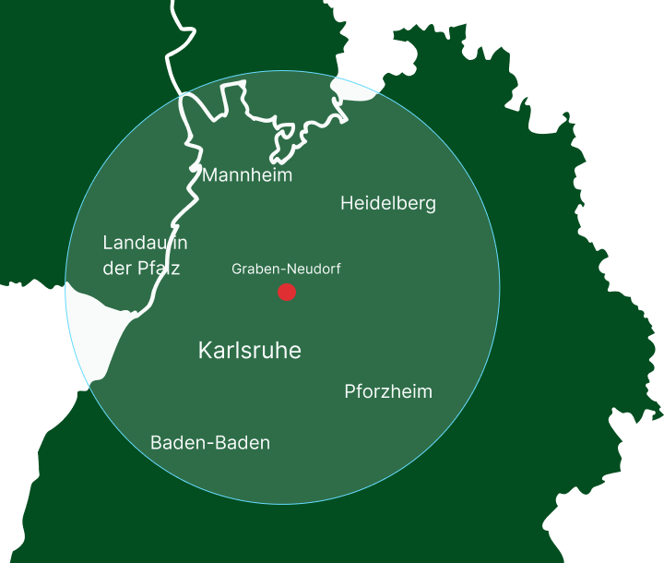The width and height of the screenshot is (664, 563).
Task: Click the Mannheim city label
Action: tap(247, 174)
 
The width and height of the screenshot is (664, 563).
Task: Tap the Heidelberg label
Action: tap(387, 203)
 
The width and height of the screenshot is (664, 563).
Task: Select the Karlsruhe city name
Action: tap(249, 352)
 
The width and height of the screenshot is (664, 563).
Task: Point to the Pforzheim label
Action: tap(387, 391)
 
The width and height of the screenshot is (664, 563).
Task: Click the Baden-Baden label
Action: tap(210, 443)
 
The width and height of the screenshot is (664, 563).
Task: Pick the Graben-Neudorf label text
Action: tap(286, 270)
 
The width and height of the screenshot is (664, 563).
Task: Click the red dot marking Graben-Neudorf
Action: tap(287, 292)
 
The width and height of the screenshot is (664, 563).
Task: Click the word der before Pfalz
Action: tap(117, 269)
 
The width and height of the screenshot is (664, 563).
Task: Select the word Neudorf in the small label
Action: tap(315, 270)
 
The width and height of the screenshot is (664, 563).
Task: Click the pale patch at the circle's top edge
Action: tap(351, 90)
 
